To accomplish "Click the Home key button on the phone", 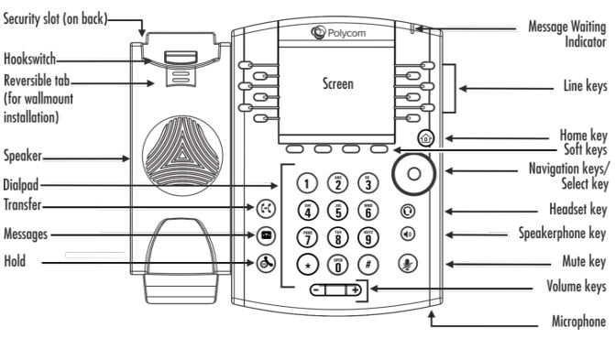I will [424, 139].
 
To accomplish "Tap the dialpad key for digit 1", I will [310, 181].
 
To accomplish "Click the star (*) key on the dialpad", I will [310, 265].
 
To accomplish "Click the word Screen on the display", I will [337, 83].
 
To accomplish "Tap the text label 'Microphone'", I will [577, 322].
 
